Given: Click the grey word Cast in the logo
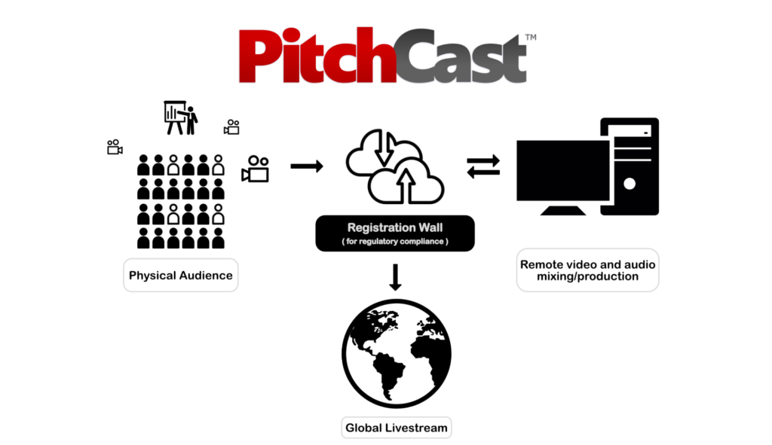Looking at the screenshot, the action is [462, 56].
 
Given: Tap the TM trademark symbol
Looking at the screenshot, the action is [531, 38].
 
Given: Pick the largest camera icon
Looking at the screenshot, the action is [255, 169].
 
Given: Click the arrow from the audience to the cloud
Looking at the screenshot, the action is [307, 166].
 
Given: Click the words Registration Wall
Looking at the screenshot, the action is [395, 227].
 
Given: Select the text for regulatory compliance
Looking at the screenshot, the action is [395, 242].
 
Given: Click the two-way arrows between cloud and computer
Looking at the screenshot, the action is [483, 166].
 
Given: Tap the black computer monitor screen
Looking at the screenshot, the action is [562, 170].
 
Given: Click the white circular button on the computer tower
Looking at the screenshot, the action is [630, 184].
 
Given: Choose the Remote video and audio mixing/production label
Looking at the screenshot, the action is [587, 270].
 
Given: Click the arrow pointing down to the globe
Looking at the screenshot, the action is [395, 277].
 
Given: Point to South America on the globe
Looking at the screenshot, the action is [388, 373].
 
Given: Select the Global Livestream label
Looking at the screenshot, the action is [397, 428].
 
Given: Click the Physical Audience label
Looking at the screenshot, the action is [181, 276].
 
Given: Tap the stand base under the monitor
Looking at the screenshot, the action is [563, 211].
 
